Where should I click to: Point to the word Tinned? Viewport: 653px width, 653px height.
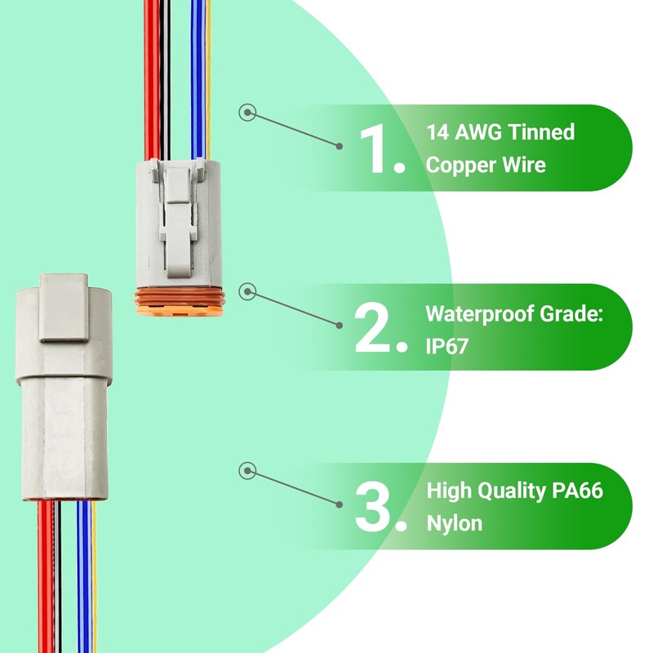tap(546, 132)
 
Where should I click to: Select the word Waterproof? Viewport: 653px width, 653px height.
tap(486, 313)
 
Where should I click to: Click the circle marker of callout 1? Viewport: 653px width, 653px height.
tap(247, 113)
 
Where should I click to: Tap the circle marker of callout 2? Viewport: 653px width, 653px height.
tap(248, 291)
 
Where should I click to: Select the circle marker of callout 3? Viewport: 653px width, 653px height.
tap(248, 471)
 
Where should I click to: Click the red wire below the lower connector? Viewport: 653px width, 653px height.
tap(43, 580)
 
